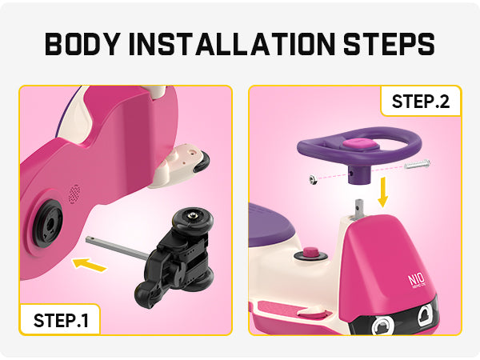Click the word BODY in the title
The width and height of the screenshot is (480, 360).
pyautogui.click(x=82, y=44)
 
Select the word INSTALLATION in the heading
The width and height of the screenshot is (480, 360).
pyautogui.click(x=232, y=44)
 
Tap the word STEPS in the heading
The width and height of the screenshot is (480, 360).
pyautogui.click(x=389, y=44)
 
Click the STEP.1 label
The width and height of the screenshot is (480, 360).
pyautogui.click(x=61, y=321)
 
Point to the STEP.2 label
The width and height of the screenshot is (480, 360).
pyautogui.click(x=421, y=102)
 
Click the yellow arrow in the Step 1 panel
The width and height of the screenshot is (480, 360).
pyautogui.click(x=89, y=265)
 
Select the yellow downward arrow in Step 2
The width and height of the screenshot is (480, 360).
pyautogui.click(x=382, y=192)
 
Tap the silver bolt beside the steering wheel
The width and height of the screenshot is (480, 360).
pyautogui.click(x=418, y=164)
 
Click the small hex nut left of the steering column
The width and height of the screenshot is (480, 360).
pyautogui.click(x=313, y=179)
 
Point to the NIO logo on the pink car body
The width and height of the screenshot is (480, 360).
pyautogui.click(x=416, y=279)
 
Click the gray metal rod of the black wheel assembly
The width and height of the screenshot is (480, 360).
pyautogui.click(x=118, y=248)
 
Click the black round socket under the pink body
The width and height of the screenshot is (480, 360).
pyautogui.click(x=48, y=224)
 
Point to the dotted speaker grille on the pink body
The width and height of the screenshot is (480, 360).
pyautogui.click(x=74, y=194)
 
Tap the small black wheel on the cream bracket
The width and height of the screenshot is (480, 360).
pyautogui.click(x=202, y=162)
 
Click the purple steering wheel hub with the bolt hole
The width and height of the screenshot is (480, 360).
pyautogui.click(x=359, y=174)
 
